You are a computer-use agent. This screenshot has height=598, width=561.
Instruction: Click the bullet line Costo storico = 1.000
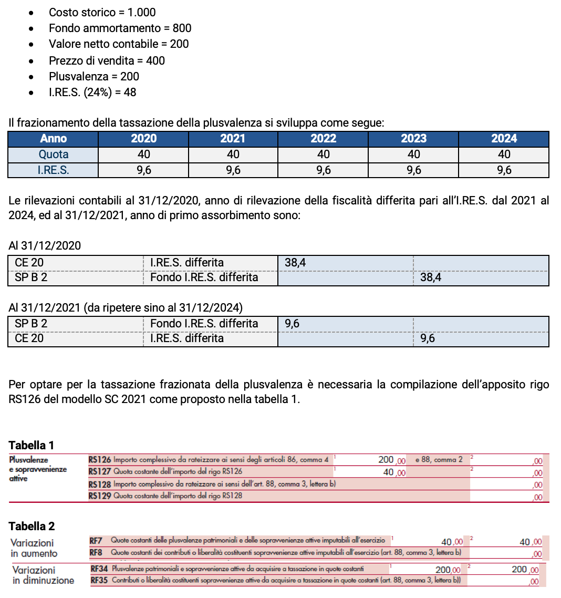point(102,12)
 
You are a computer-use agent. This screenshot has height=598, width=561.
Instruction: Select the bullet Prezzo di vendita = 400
point(107,60)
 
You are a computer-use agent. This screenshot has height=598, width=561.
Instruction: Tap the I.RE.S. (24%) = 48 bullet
point(92,92)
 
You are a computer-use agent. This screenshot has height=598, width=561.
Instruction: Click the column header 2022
point(323,139)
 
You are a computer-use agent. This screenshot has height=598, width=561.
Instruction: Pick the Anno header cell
point(53,139)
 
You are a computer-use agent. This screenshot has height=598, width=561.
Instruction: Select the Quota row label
point(53,154)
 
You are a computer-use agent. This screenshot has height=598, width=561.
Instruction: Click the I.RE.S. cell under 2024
point(503,170)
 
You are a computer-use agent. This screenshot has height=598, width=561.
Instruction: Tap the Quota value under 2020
point(143,154)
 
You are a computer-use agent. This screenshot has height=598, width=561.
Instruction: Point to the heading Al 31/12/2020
point(45,245)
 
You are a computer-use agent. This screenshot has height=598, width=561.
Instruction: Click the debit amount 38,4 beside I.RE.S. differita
point(295,263)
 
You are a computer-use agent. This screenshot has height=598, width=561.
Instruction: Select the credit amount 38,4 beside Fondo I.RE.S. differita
point(431,277)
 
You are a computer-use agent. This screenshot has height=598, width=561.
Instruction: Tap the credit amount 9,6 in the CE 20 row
point(428,338)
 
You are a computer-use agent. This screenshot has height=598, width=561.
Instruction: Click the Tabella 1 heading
point(32,446)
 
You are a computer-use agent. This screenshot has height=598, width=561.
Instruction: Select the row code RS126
point(100,460)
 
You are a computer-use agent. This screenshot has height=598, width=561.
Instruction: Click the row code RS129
point(100,496)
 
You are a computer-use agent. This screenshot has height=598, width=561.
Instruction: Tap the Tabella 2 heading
point(32,526)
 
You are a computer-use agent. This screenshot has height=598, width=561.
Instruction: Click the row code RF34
point(99,569)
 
